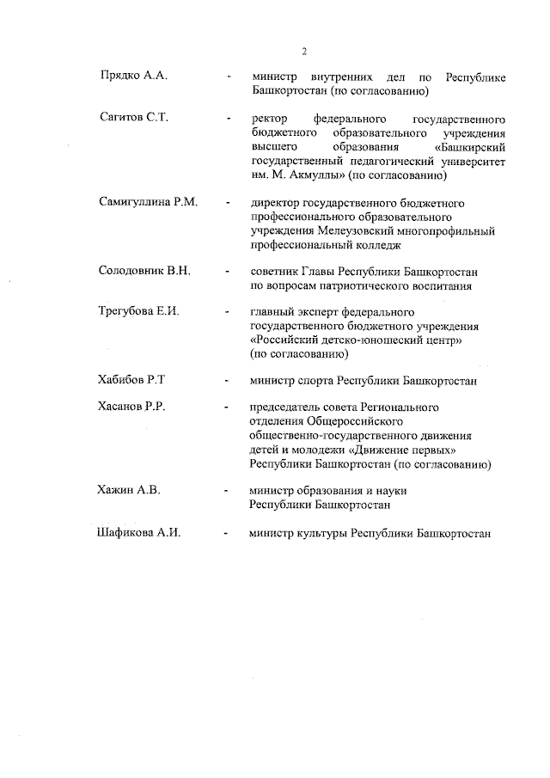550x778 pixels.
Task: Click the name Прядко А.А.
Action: click(132, 77)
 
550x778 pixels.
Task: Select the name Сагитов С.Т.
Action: click(133, 118)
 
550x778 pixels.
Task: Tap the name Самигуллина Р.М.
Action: click(149, 203)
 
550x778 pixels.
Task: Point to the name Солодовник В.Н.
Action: click(144, 271)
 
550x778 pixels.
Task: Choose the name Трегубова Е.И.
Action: click(138, 311)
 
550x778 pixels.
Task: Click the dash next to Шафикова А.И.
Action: click(226, 534)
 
